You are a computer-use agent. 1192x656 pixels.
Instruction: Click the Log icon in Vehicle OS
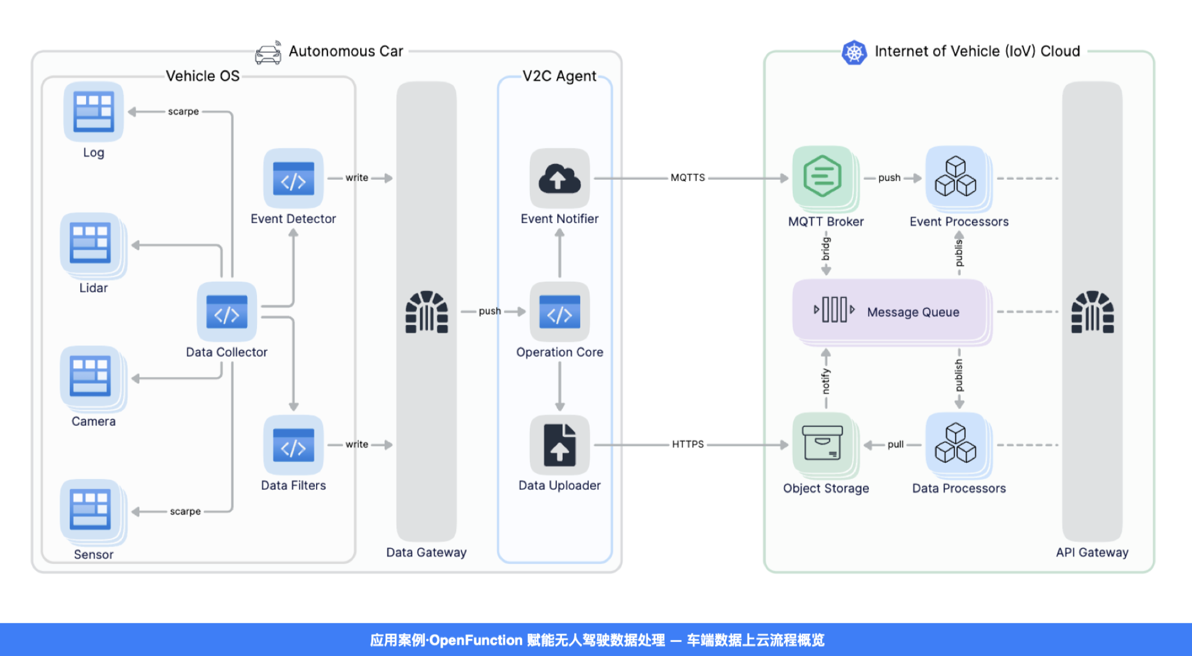94,111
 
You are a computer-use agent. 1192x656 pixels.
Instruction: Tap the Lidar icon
91,242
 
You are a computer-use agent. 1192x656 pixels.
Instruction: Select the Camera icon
91,376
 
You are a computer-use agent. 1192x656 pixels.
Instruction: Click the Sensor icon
91,509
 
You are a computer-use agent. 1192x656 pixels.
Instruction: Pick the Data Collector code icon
227,312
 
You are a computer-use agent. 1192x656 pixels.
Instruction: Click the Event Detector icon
293,178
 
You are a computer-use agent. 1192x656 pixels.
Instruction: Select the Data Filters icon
293,445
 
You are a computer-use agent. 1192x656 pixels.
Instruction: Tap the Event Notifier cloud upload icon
560,178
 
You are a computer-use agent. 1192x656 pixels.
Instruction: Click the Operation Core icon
560,312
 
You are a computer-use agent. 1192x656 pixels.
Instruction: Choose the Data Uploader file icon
560,445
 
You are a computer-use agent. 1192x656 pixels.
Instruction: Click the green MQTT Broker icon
823,176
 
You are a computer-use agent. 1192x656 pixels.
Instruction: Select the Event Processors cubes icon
955,176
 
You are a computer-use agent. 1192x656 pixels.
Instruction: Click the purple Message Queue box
890,310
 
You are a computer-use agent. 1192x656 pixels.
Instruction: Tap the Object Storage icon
823,443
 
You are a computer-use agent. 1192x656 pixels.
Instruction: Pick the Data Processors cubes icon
955,443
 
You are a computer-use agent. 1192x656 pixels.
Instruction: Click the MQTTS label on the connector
688,177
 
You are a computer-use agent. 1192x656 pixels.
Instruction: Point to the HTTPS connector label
688,444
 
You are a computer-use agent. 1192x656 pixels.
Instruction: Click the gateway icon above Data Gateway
426,312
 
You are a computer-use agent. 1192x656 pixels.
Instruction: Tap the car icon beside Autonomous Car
268,53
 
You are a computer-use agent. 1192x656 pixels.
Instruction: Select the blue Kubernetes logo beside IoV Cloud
854,53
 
